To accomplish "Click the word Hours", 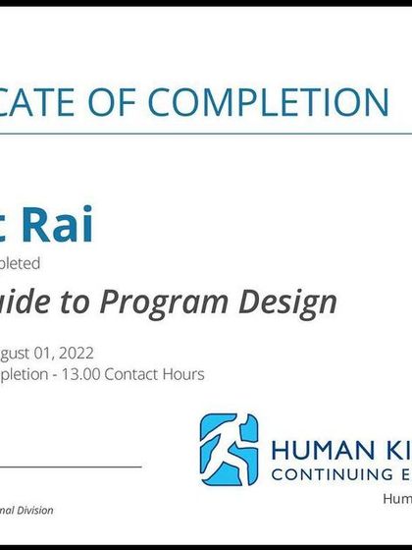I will (186, 374).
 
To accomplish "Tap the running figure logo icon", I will (230, 450).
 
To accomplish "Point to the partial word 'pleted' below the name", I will (20, 263).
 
